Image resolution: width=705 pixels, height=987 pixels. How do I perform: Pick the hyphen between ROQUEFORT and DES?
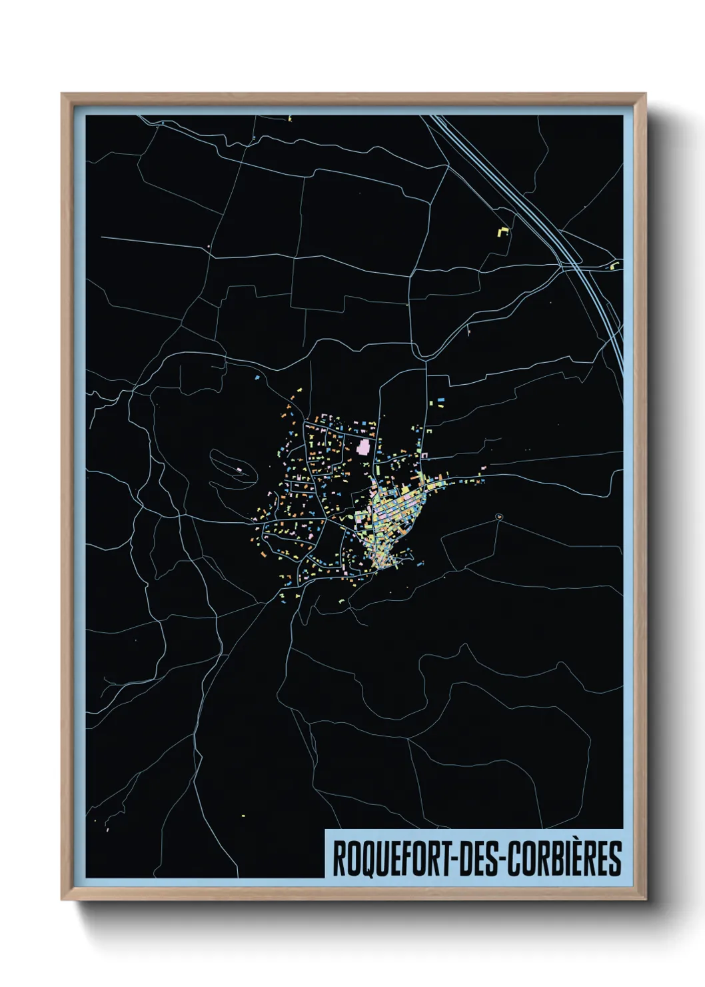pyautogui.click(x=454, y=859)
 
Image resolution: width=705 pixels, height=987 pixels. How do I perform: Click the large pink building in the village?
pyautogui.click(x=364, y=446)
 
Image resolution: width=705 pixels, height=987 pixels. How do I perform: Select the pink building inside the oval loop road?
pyautogui.click(x=238, y=471)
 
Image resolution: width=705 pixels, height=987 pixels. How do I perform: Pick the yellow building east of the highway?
pyautogui.click(x=614, y=266)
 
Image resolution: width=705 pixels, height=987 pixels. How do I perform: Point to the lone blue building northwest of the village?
pyautogui.click(x=257, y=377)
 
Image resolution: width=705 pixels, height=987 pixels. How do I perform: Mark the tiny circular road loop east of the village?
pyautogui.click(x=499, y=516)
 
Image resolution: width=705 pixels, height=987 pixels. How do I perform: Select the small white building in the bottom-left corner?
pyautogui.click(x=107, y=830)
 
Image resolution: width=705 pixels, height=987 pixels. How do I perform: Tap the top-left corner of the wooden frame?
pyautogui.click(x=62, y=94)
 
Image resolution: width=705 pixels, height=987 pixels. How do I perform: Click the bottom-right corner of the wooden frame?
pyautogui.click(x=645, y=899)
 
